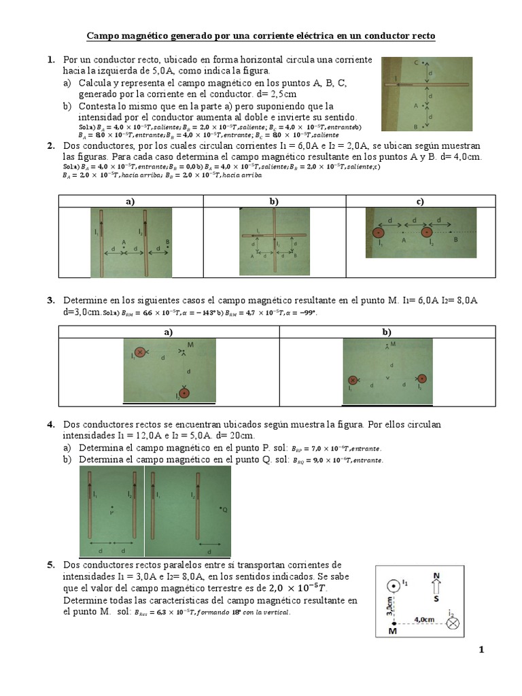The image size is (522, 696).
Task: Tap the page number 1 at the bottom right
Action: [x=481, y=650]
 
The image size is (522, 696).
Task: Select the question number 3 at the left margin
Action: [x=50, y=300]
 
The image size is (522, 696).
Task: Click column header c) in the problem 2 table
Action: [x=420, y=201]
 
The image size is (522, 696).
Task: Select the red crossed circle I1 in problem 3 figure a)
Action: [x=140, y=352]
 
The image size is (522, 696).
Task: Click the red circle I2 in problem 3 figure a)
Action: [x=184, y=392]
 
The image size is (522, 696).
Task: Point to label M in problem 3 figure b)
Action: [x=393, y=345]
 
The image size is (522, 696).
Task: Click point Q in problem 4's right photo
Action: [x=223, y=508]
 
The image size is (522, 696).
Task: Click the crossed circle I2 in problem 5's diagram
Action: [x=452, y=623]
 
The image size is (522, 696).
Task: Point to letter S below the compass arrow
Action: [x=436, y=600]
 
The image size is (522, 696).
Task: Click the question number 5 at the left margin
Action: [x=50, y=565]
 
